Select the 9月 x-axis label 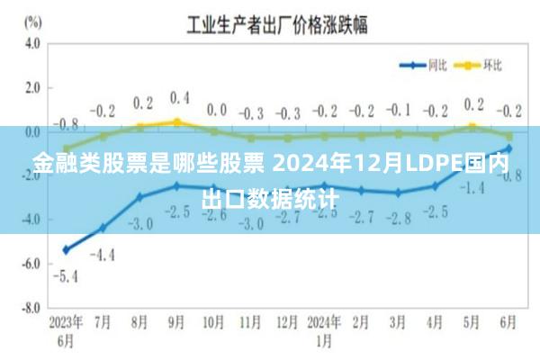click(176, 321)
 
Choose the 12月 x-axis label click(287, 321)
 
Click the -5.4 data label click(65, 275)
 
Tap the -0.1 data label click(397, 110)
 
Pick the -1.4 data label click(472, 187)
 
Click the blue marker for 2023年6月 click(66, 249)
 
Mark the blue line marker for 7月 click(103, 228)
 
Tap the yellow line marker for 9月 click(176, 121)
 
